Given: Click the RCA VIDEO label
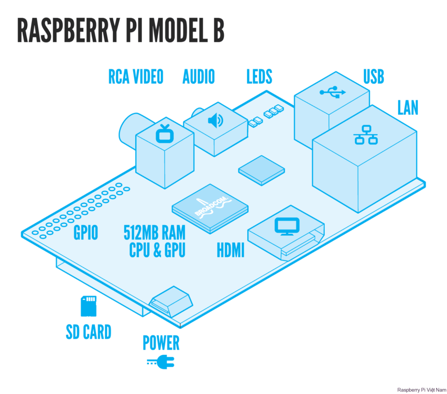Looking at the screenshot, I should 136,77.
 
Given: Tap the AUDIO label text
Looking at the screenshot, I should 198,77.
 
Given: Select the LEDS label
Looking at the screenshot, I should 259,77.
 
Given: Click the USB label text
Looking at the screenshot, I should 374,77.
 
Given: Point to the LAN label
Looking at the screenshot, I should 407,107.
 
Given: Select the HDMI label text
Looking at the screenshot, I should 230,251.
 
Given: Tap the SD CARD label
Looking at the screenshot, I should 88,332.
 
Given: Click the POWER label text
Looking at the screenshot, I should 161,343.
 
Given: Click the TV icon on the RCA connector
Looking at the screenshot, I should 165,133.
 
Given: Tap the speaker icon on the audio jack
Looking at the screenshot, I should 215,121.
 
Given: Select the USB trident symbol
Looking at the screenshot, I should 333,92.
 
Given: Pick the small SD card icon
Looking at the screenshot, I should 88,306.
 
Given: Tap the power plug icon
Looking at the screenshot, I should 161,363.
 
